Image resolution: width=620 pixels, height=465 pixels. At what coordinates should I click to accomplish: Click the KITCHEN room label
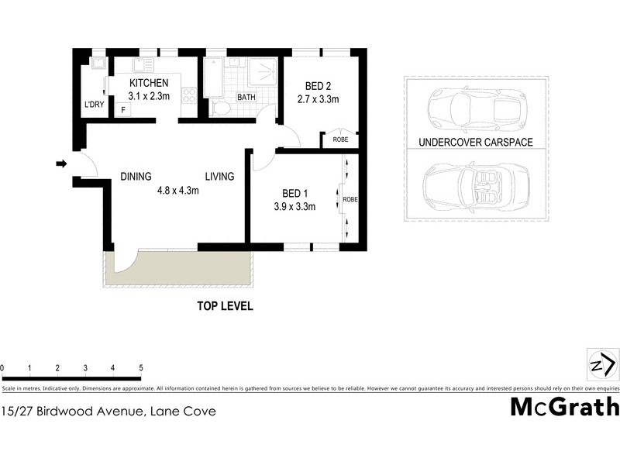pos(148,83)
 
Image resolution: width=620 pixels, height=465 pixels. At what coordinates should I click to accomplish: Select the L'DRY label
pos(94,105)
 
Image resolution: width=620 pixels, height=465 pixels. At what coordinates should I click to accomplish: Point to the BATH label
pos(246,98)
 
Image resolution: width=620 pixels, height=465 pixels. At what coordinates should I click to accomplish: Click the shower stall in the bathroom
pos(262,73)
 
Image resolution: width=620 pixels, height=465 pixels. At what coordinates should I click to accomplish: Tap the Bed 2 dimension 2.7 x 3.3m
pos(318,99)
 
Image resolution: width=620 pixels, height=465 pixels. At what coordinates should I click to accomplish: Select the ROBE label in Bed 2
pos(340,140)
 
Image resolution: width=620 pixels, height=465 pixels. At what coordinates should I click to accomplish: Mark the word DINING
pos(136,177)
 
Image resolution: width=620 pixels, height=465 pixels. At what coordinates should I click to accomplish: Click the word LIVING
pos(219,177)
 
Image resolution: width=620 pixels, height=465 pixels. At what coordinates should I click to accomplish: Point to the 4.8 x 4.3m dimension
pos(177,191)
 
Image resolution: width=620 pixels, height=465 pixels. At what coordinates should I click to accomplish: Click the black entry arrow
pos(62,164)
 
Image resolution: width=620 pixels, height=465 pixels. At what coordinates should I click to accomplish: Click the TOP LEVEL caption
pos(224,306)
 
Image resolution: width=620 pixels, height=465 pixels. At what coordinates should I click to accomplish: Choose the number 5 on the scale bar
pos(141,368)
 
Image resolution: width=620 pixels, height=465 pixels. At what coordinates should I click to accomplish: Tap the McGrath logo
pos(564,406)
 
